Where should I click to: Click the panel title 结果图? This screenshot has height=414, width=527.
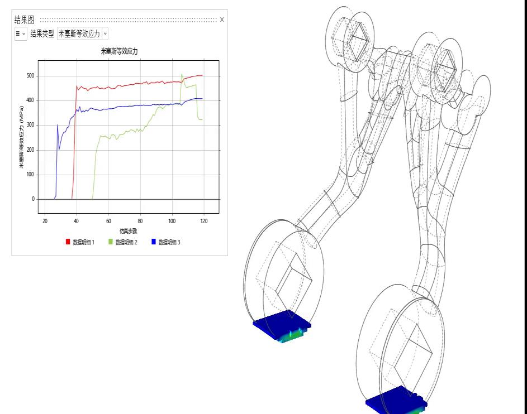(24, 20)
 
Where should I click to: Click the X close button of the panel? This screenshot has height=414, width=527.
(222, 20)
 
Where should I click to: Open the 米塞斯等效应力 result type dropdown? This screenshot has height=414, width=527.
(82, 34)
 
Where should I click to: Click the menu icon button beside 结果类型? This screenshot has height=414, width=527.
(20, 34)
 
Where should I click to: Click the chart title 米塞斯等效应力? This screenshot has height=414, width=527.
(119, 51)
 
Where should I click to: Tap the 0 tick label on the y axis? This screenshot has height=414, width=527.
(33, 199)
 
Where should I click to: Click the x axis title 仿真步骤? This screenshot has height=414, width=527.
(128, 230)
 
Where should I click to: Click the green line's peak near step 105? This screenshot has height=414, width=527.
(182, 74)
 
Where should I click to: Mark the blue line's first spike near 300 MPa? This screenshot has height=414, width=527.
(58, 125)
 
